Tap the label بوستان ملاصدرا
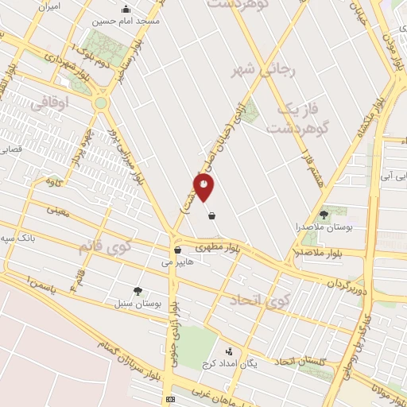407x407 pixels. pos(324,227)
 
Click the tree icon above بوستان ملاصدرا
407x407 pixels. pos(324,214)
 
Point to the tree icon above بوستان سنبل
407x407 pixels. pos(138,291)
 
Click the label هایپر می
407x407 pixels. pos(177,262)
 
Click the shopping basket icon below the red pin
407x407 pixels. pos(211,215)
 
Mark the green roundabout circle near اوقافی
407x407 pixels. pos(101,103)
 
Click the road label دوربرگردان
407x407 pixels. pos(351,284)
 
